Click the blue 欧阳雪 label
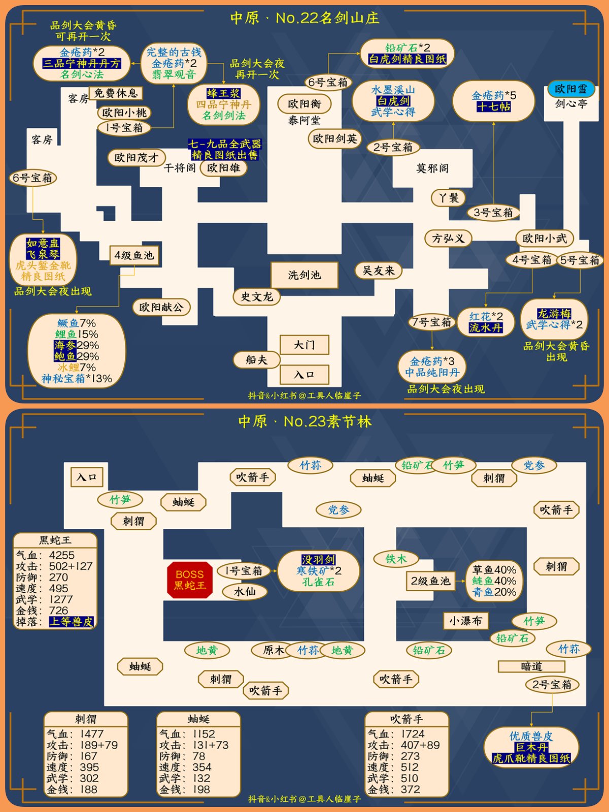[x=570, y=89]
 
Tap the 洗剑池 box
[x=304, y=275]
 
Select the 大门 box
[x=304, y=345]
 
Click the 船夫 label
[x=256, y=360]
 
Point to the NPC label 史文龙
[x=257, y=296]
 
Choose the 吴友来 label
[x=378, y=270]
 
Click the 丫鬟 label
[x=449, y=197]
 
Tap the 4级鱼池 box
[x=134, y=255]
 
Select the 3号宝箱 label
[x=493, y=213]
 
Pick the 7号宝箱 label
[x=431, y=322]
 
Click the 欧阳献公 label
[x=161, y=307]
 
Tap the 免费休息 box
[x=116, y=93]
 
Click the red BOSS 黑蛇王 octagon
[x=190, y=580]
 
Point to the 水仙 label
[x=245, y=592]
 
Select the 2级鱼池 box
[x=430, y=581]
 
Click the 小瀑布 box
[x=465, y=621]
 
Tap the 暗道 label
[x=531, y=666]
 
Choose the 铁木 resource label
[x=396, y=559]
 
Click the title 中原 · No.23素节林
[x=304, y=422]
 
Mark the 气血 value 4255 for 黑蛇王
[x=62, y=555]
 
